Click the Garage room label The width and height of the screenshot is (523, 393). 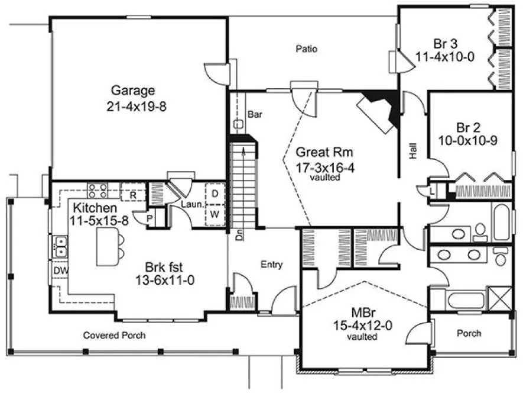(x=133, y=91)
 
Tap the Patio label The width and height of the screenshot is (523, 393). (x=307, y=49)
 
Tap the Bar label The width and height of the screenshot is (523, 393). (x=255, y=114)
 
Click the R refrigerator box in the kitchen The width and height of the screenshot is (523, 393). (x=133, y=194)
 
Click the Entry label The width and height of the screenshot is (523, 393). (x=271, y=265)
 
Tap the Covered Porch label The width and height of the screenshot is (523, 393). (x=114, y=335)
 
